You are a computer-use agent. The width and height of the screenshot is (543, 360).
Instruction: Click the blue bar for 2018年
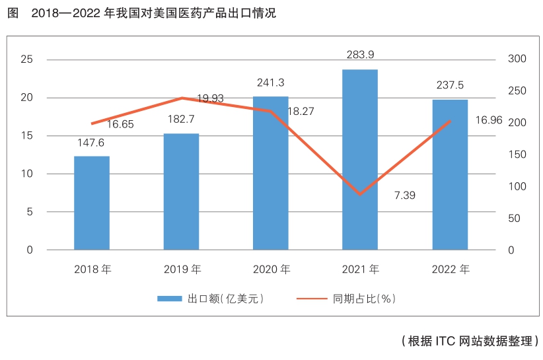point(92,203)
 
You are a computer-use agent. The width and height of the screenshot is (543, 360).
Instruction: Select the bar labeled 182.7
point(181,192)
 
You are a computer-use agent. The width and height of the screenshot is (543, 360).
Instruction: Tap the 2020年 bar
point(271,173)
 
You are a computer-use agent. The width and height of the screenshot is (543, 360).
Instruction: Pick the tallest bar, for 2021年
point(360,159)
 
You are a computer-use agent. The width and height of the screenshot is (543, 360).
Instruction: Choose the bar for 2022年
point(450,174)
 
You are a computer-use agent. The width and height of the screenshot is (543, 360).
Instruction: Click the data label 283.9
point(360,54)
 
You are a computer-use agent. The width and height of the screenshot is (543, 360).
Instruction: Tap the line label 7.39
point(404,196)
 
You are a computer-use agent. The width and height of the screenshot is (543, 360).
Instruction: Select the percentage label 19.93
point(210,98)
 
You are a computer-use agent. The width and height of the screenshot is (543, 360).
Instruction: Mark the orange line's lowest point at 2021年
point(360,194)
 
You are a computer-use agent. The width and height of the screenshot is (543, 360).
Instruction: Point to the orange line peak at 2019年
point(182,98)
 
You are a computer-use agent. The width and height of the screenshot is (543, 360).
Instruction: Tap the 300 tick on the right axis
point(517,59)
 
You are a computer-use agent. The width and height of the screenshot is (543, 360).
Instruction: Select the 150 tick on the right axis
point(517,155)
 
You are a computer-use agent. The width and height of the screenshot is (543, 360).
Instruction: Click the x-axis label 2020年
point(271,270)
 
